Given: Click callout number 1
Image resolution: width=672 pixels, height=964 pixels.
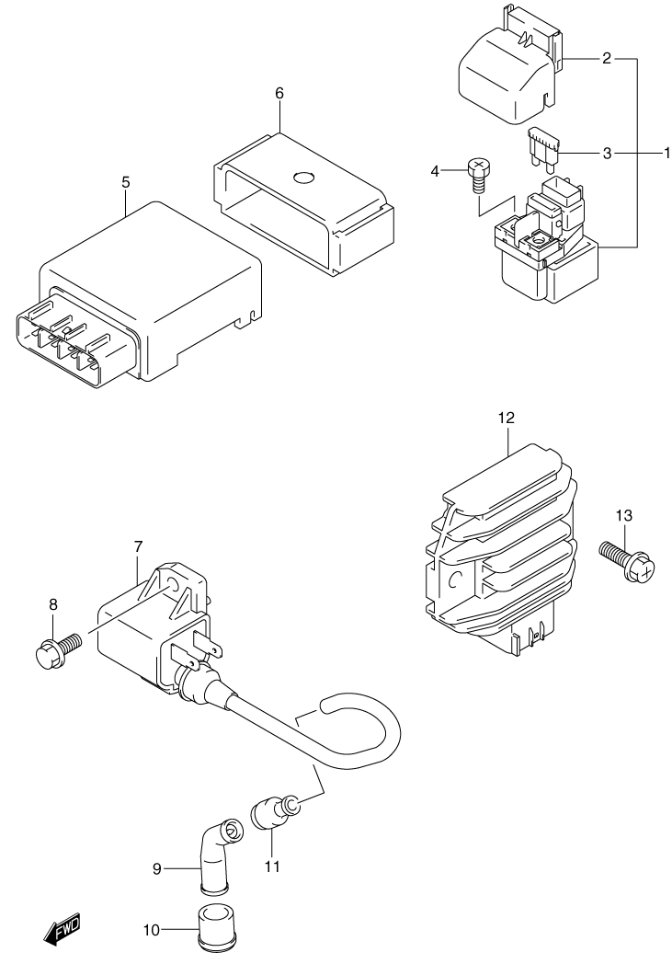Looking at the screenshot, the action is (666, 153).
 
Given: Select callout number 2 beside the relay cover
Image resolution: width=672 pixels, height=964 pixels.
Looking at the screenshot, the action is (607, 59).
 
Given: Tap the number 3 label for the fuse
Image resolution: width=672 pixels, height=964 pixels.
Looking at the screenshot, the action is (607, 153).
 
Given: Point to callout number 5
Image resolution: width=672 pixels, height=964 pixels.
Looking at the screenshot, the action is (125, 182).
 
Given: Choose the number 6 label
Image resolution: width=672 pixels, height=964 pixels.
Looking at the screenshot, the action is (279, 94).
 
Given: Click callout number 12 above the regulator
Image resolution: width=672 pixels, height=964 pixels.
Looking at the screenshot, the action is (507, 419).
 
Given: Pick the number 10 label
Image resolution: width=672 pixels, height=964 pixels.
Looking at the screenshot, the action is (151, 931).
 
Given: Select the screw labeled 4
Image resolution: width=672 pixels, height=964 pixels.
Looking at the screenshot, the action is (477, 175).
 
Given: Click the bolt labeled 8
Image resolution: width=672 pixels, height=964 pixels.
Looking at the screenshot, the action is (56, 649).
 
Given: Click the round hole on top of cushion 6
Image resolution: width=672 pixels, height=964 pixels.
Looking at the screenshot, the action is (304, 178).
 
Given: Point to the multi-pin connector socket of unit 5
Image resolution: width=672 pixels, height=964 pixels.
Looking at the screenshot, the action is (59, 340).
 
